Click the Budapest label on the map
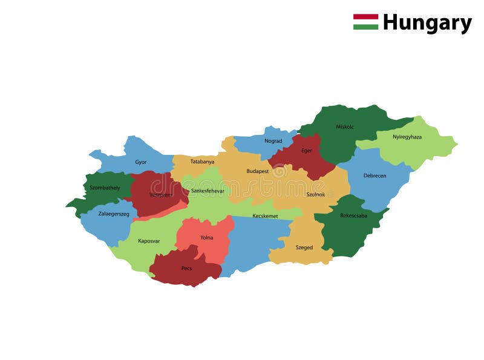click(x=257, y=171)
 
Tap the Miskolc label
click(x=345, y=126)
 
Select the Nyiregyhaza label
click(x=407, y=137)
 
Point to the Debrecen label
click(x=374, y=175)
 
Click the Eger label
click(x=307, y=151)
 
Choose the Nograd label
click(x=273, y=141)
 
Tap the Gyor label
click(x=140, y=162)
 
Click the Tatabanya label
click(x=202, y=162)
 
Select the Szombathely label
click(x=105, y=188)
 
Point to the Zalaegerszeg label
click(x=114, y=214)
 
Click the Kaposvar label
click(x=149, y=241)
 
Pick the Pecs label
click(x=186, y=268)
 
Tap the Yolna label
click(x=206, y=238)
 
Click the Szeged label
click(x=304, y=247)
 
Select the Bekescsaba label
click(x=353, y=215)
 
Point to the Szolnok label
click(x=315, y=194)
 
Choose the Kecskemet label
click(x=265, y=215)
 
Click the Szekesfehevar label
click(x=208, y=191)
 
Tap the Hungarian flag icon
click(x=365, y=22)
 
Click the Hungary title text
click(x=427, y=23)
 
